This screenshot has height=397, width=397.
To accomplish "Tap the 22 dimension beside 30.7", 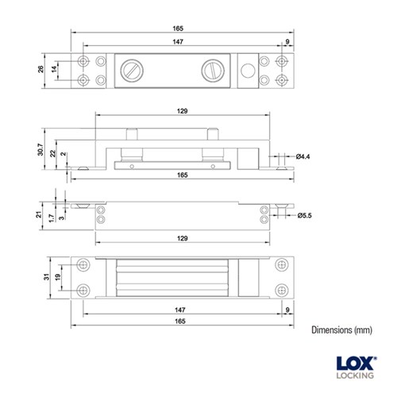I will [54, 152].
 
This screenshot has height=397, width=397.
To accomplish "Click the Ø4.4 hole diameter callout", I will [303, 157].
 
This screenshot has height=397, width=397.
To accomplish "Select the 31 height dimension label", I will [46, 276].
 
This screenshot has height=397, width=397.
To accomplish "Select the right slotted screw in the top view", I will [215, 71].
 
